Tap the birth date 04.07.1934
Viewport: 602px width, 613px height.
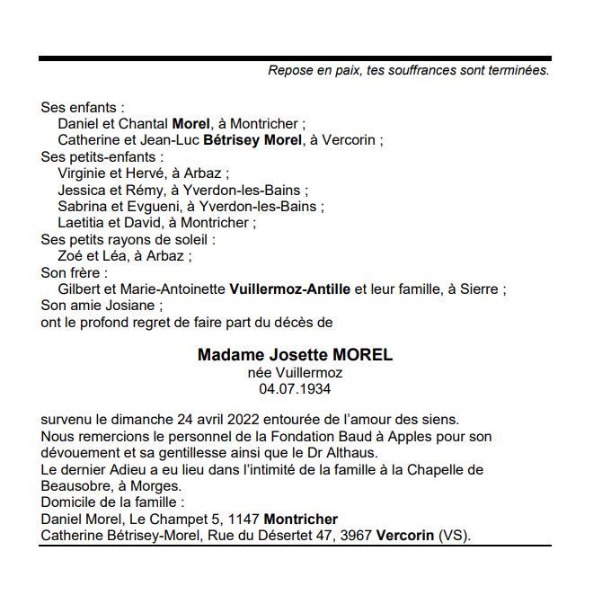tap(295, 388)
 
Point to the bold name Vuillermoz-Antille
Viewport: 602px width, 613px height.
tap(290, 289)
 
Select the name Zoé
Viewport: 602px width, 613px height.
tap(71, 256)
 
